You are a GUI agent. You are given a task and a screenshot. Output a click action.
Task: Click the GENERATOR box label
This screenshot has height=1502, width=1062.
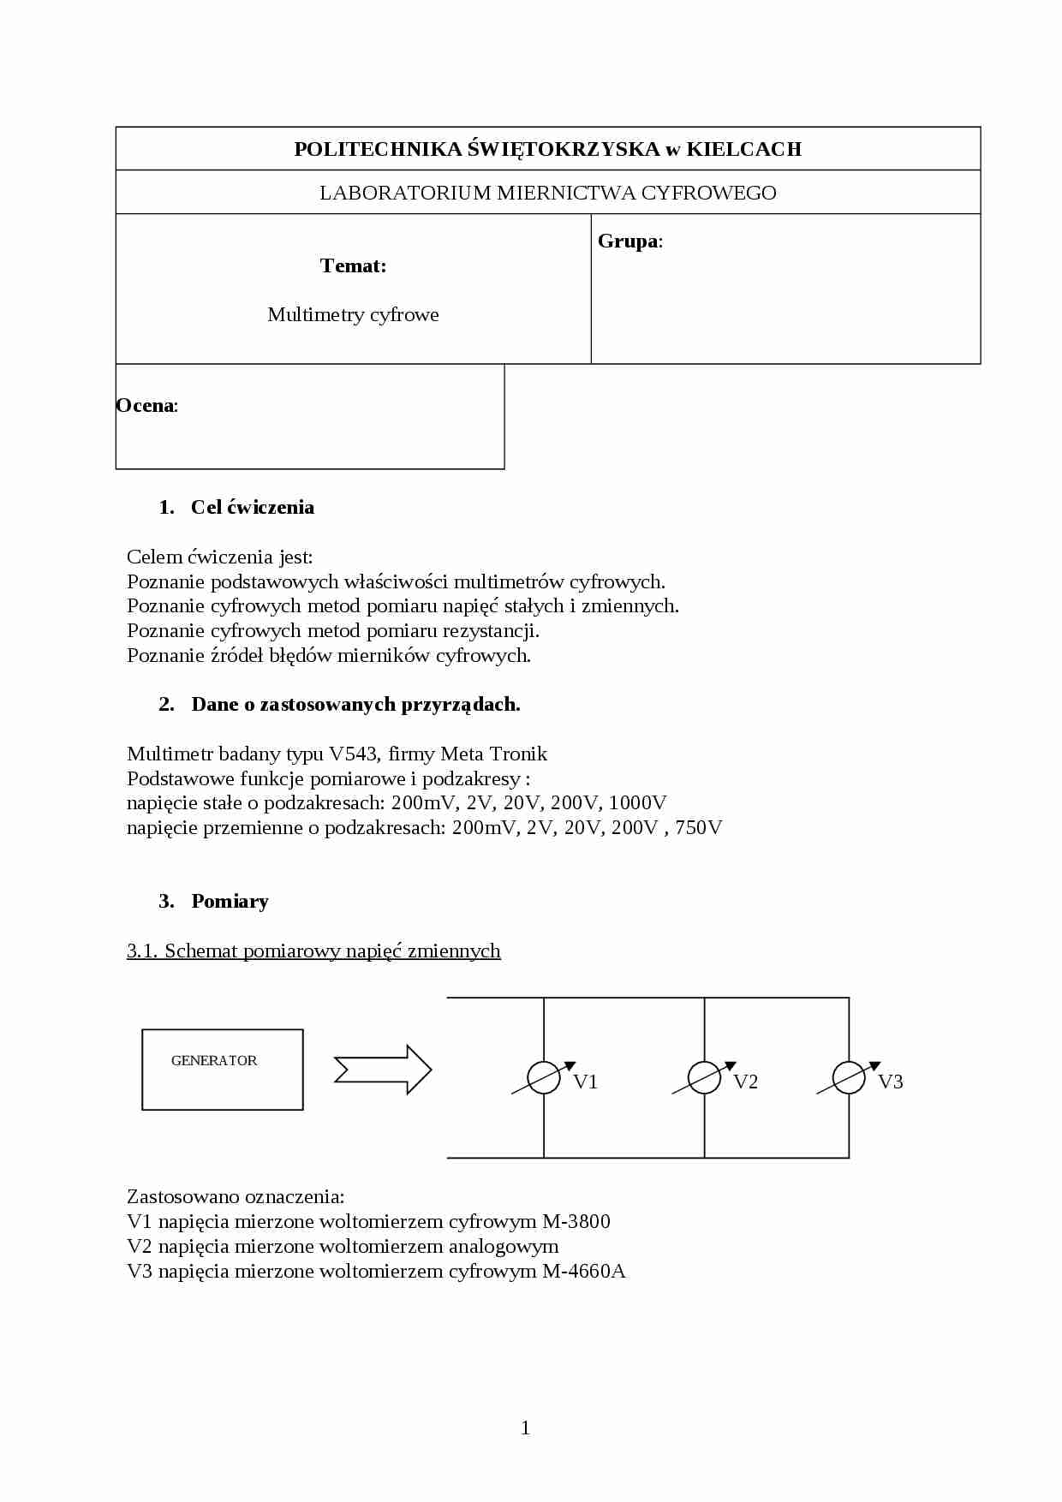(214, 1060)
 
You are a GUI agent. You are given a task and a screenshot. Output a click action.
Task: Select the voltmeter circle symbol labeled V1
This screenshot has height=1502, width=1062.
(544, 1077)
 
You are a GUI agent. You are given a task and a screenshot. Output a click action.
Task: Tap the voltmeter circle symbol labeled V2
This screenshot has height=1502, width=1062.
(705, 1077)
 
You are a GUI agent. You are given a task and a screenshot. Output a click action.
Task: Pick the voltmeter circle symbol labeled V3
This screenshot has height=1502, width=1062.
(849, 1077)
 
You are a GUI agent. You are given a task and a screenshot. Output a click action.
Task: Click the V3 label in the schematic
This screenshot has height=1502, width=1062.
(891, 1082)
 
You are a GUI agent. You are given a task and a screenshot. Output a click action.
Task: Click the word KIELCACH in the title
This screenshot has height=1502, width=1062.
(744, 149)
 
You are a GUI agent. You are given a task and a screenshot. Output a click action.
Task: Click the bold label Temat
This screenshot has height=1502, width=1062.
(353, 265)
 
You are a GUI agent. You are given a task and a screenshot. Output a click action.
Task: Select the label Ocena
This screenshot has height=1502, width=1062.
(146, 406)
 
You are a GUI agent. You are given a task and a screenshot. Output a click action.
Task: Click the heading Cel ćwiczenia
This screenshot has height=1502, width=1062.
(252, 507)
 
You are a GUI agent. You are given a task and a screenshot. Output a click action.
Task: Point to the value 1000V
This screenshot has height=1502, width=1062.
(638, 802)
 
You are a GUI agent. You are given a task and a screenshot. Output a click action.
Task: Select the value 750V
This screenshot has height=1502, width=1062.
(699, 827)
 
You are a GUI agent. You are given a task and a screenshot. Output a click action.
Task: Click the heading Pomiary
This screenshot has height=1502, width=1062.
(230, 901)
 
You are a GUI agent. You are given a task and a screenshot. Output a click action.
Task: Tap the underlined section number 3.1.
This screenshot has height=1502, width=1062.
(142, 951)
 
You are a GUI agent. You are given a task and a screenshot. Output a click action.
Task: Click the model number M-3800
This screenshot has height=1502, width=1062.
(576, 1221)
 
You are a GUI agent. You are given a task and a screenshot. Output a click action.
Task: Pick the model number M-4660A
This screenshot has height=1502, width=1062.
(584, 1271)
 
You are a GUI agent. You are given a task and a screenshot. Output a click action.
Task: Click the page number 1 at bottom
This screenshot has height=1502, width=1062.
(525, 1427)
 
